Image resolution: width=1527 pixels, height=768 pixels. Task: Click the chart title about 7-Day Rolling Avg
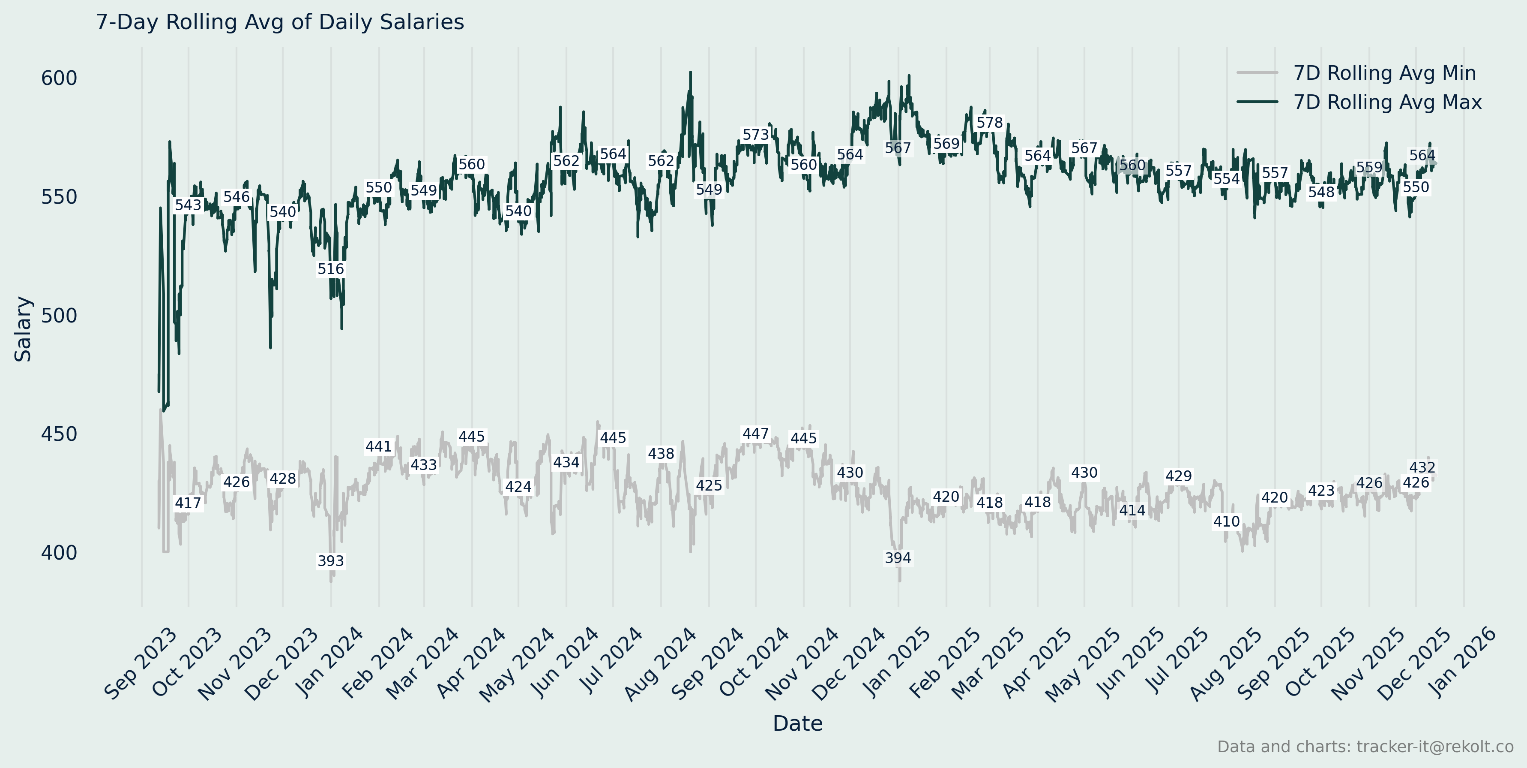point(280,22)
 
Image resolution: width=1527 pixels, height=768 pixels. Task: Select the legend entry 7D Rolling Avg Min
point(1384,73)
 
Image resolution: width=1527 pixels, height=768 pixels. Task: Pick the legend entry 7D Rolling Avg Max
point(1386,102)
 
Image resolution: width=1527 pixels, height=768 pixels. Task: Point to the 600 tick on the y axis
point(59,78)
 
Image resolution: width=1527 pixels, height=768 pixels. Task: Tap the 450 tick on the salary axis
point(59,434)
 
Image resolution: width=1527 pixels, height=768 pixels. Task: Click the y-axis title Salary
point(23,329)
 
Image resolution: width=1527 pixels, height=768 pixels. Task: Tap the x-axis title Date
point(797,723)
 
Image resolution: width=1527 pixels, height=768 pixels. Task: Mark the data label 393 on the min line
point(331,561)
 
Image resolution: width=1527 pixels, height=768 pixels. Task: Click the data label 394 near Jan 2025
point(898,558)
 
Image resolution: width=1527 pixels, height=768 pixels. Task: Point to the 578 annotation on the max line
point(989,123)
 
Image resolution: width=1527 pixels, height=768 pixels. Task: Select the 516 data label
point(331,269)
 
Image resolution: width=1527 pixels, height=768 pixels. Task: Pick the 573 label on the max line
point(756,135)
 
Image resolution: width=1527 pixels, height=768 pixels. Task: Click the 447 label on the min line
point(756,434)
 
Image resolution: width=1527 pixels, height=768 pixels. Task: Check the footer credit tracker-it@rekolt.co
point(1365,747)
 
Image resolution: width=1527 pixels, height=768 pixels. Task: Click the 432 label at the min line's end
point(1422,467)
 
